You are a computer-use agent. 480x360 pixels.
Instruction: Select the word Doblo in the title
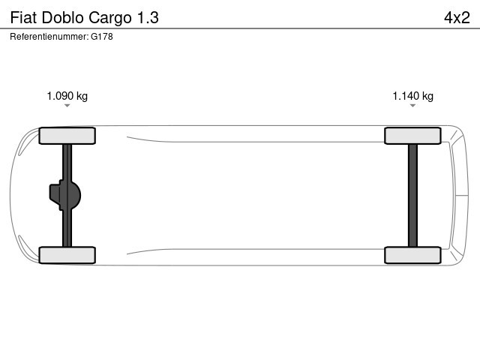(62, 17)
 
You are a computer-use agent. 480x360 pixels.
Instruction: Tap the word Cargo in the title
(110, 18)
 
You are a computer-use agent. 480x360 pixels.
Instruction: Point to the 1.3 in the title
(148, 17)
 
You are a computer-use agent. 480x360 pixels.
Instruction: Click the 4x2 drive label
(457, 17)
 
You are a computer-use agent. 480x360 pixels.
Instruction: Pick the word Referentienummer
(49, 37)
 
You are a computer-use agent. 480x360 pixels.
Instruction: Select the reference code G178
(102, 37)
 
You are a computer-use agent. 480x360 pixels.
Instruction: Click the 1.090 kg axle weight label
(67, 96)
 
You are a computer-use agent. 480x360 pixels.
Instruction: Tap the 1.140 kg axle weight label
(413, 96)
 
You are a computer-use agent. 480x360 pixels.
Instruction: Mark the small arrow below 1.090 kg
(67, 106)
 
